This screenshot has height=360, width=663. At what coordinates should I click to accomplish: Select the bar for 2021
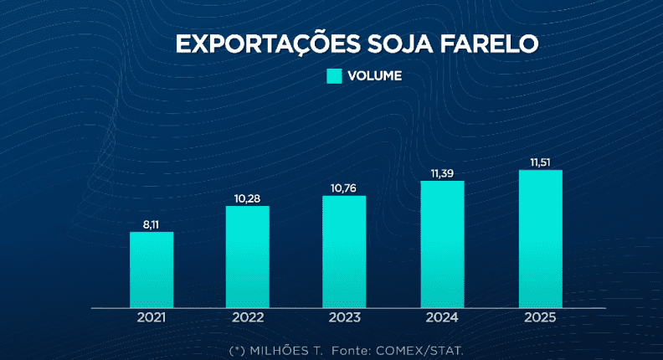click(x=152, y=270)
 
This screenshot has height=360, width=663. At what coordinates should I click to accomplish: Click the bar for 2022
click(x=248, y=256)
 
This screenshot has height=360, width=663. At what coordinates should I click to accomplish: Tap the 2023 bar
click(x=344, y=252)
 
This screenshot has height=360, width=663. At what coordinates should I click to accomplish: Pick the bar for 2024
click(x=442, y=244)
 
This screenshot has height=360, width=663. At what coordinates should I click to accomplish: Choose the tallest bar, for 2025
click(x=540, y=239)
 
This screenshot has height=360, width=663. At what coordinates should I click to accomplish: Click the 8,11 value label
click(x=152, y=224)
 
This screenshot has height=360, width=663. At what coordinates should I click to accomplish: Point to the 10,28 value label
click(x=248, y=198)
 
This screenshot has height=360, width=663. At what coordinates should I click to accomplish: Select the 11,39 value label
click(x=442, y=172)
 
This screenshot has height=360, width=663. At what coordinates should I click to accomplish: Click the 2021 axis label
click(x=152, y=318)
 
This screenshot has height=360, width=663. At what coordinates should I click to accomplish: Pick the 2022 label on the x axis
click(x=248, y=318)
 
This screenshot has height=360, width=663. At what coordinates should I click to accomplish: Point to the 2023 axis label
click(x=344, y=318)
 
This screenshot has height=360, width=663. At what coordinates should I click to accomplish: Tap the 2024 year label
click(x=442, y=318)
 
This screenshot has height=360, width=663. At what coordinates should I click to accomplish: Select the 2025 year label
click(x=540, y=318)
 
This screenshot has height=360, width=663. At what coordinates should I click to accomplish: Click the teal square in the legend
click(x=334, y=76)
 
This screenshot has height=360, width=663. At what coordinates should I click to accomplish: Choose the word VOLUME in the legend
click(x=375, y=76)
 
